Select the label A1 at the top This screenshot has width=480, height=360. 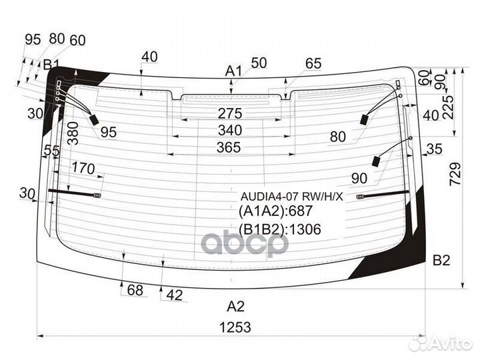pos(232,71)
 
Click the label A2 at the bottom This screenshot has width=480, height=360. pos(235,307)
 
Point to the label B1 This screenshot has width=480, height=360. pos(51,65)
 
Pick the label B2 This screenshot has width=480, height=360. pos(442,260)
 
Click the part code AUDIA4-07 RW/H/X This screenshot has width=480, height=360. pos(291,197)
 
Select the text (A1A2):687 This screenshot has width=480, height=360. pos(275,212)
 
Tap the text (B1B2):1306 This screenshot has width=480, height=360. pos(280,230)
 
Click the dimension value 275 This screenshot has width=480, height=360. pos(230,113)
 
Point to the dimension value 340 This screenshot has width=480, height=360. pos(230,130)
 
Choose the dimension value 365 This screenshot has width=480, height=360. pos(229,148)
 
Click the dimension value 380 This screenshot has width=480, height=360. pos(73,137)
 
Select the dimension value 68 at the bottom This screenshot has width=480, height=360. pos(135,290)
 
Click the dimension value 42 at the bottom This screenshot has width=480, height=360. pos(174,295)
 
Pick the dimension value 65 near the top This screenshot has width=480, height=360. pos(313,63)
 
